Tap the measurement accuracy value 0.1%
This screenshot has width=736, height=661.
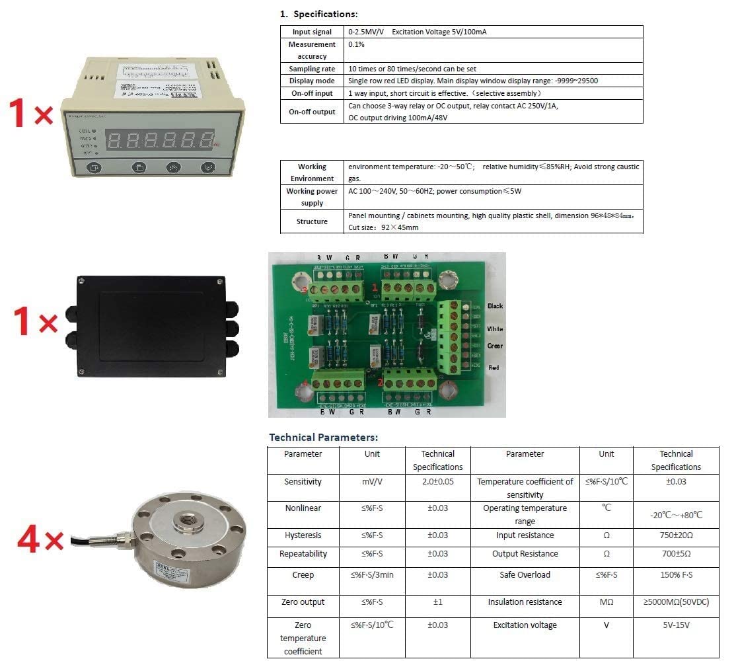coord(356,44)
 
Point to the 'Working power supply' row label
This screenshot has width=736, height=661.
coord(312,197)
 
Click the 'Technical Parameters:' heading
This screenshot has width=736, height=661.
coord(323,437)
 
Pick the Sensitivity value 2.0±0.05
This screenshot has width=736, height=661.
coord(437,482)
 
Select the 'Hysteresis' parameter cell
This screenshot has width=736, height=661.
coord(303,535)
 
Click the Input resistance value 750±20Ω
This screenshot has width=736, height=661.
coord(676,535)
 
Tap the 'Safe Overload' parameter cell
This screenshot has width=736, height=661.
coord(525,575)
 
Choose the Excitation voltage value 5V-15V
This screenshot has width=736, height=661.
coord(676,625)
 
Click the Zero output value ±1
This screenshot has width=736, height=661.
coord(437,602)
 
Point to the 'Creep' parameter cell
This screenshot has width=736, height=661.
coord(303,575)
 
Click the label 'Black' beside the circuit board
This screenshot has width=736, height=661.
coord(495,306)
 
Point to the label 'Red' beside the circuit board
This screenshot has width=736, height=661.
coord(493,368)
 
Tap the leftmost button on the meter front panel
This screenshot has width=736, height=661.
coord(93,168)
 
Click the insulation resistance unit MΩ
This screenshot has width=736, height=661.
coord(606,602)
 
